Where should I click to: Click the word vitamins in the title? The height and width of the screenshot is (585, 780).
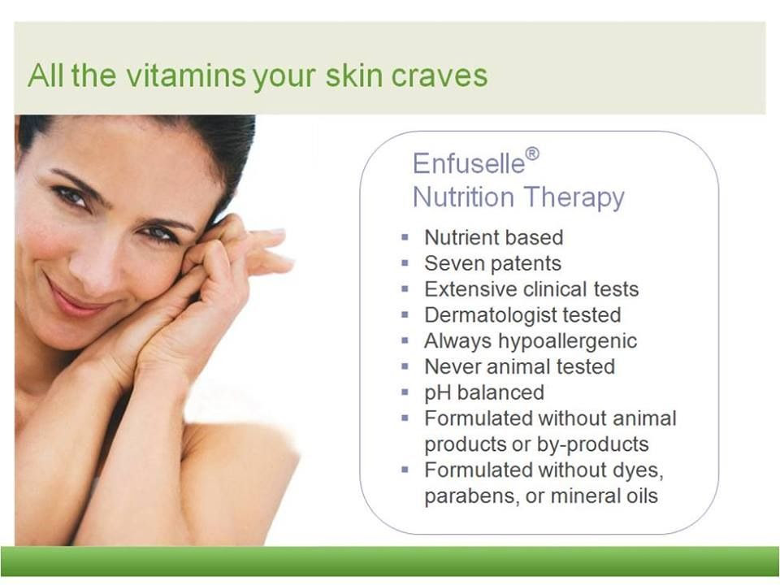point(185,76)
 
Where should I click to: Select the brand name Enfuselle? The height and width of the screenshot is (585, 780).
point(469,163)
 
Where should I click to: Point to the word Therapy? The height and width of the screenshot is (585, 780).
point(572,197)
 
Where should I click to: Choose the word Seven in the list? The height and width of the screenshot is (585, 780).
point(448,263)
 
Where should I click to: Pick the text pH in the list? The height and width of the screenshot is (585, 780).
point(437,393)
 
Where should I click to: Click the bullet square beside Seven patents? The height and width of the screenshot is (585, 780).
point(405,262)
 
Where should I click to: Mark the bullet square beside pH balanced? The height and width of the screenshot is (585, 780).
point(405,392)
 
